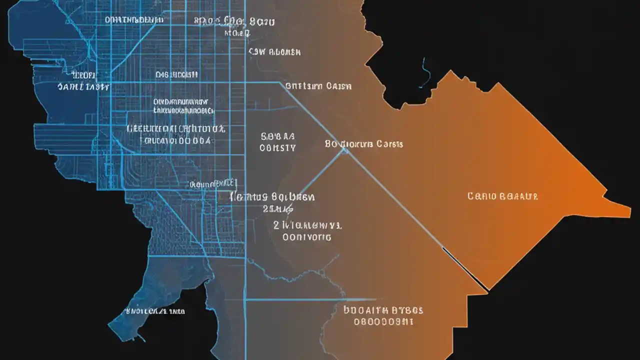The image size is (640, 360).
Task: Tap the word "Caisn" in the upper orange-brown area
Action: (x=338, y=86)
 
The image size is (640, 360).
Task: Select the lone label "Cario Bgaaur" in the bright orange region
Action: (x=502, y=196)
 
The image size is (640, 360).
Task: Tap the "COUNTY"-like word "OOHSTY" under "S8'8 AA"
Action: (x=278, y=148)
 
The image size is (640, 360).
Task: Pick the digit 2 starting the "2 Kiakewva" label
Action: (x=276, y=225)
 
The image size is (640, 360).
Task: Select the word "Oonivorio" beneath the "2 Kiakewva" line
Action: (x=306, y=237)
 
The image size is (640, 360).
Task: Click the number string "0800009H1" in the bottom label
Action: (x=383, y=322)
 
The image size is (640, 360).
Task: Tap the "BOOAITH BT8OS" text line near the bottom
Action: (x=383, y=310)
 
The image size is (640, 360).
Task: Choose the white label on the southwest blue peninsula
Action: (x=155, y=311)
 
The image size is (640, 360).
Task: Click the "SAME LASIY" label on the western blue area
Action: (x=83, y=86)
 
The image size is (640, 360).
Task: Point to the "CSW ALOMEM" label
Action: (x=274, y=51)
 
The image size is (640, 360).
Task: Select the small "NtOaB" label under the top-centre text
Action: (x=236, y=33)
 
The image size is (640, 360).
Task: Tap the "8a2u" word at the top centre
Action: (x=262, y=22)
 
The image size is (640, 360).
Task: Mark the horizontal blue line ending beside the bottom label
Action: (x=295, y=300)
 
